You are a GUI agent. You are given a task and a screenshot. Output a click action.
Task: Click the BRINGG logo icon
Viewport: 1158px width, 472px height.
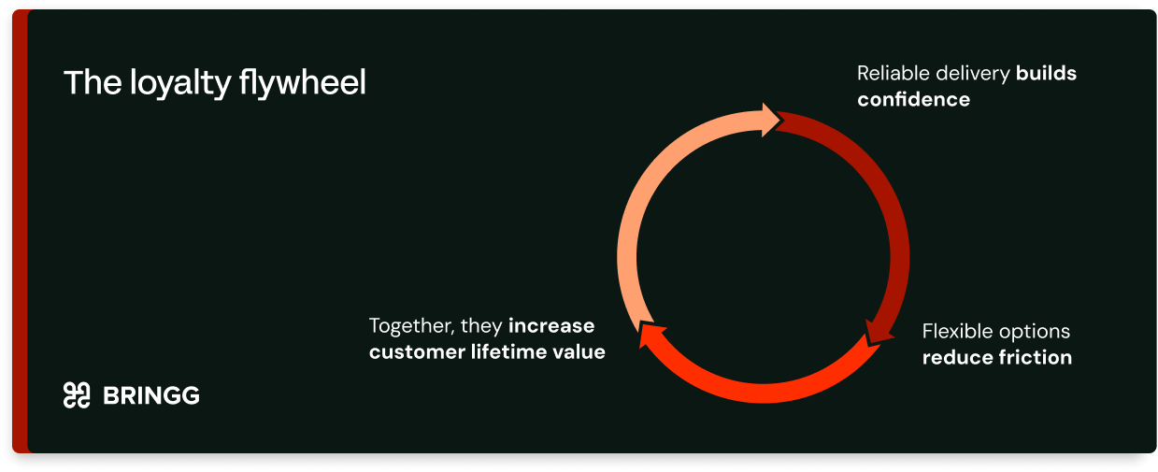click(77, 395)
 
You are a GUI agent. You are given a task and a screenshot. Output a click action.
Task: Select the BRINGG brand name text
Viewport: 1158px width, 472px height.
click(151, 395)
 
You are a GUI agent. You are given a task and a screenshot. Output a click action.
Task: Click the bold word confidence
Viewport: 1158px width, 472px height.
click(913, 99)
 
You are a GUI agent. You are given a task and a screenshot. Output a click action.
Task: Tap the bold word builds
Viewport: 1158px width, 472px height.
click(1046, 73)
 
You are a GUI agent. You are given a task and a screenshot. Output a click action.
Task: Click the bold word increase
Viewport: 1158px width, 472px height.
click(551, 326)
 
